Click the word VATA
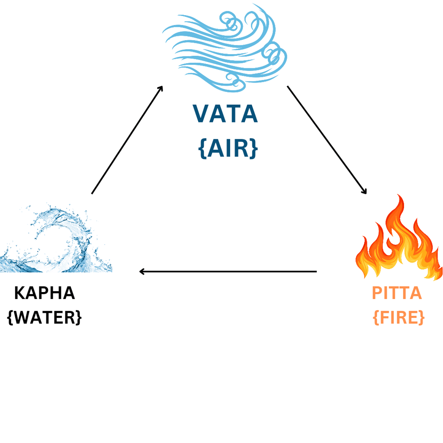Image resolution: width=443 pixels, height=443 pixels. point(225,114)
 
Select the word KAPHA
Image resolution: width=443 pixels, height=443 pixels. point(44,293)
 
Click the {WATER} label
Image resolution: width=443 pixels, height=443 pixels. point(45,318)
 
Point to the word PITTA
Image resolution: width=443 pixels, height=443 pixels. point(397,293)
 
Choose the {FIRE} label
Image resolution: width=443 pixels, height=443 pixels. point(398,318)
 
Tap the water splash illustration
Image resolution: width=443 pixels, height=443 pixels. point(56,240)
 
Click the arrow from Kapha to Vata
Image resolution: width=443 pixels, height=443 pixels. point(127,140)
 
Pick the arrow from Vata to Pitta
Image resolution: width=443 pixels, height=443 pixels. point(327,140)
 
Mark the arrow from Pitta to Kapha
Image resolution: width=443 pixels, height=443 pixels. point(228,272)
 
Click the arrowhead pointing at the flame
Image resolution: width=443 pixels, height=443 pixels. point(365,192)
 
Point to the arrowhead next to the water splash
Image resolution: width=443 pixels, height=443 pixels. point(142,272)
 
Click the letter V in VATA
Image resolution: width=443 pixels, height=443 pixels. point(202,114)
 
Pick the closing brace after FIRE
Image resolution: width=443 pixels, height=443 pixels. point(421,318)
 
